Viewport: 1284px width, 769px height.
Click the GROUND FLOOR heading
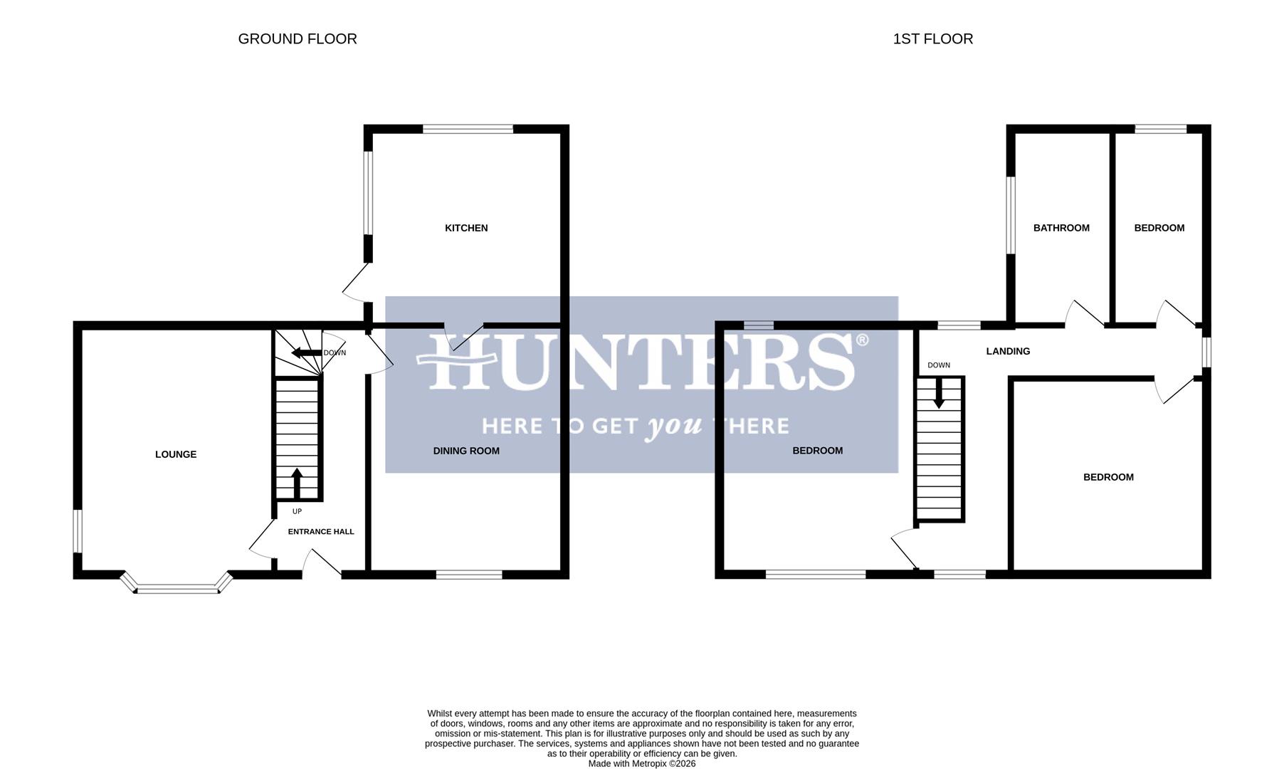(298, 39)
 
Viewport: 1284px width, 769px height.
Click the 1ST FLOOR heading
(932, 39)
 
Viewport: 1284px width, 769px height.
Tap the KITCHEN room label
(466, 228)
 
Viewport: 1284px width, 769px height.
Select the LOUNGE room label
(176, 454)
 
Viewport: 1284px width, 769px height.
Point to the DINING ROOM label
(466, 451)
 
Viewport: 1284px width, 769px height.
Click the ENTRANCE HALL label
(320, 531)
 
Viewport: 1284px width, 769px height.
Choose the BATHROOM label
(1061, 228)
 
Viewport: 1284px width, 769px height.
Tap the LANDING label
(1008, 351)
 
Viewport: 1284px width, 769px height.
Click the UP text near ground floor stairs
(297, 511)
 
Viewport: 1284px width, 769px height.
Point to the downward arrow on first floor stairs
(939, 393)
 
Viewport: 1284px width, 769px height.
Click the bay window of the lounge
(177, 588)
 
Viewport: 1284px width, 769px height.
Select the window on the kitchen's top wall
(468, 129)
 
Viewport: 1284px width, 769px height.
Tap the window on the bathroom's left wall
(1011, 215)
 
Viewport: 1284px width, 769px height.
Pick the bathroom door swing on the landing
(1083, 313)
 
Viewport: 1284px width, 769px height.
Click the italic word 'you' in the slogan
(673, 427)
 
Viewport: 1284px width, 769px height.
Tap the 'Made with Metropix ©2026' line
(641, 763)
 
